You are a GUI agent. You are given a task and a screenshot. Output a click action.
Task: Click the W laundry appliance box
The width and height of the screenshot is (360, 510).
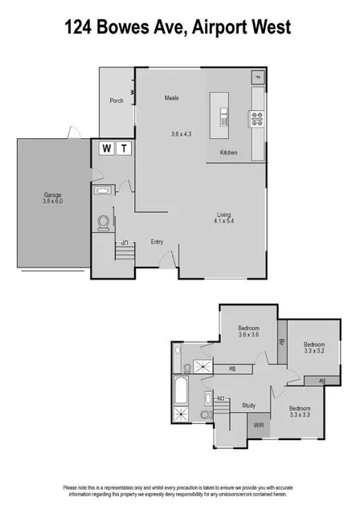pyautogui.click(x=106, y=148)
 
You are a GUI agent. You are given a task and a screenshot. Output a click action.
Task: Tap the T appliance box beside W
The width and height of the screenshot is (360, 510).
pyautogui.click(x=125, y=148)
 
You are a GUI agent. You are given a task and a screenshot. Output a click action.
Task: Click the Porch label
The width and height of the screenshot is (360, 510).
pyautogui.click(x=117, y=100)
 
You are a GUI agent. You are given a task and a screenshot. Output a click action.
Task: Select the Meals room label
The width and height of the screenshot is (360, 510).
pyautogui.click(x=171, y=98)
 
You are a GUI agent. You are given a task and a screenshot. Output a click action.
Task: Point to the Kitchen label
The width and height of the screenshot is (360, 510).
pyautogui.click(x=230, y=152)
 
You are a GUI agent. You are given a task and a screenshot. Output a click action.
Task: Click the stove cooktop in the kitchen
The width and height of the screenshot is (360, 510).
pyautogui.click(x=258, y=120)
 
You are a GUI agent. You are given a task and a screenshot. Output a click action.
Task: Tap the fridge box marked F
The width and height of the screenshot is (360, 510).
pyautogui.click(x=257, y=77)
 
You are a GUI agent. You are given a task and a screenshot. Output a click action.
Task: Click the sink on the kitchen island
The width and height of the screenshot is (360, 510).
pyautogui.click(x=223, y=115)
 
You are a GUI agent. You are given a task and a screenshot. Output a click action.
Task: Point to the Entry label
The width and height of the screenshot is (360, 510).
pyautogui.click(x=157, y=241)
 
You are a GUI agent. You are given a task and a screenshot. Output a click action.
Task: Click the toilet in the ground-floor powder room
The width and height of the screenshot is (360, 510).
pyautogui.click(x=104, y=222)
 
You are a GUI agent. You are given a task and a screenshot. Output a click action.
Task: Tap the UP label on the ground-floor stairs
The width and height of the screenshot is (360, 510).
pyautogui.click(x=125, y=243)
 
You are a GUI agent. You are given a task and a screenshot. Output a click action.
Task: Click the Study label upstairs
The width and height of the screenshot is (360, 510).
pyautogui.click(x=249, y=405)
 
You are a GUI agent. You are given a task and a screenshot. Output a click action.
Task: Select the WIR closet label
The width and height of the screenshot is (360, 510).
pyautogui.click(x=259, y=425)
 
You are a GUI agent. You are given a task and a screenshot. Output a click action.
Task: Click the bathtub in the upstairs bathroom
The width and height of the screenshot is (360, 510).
pyautogui.click(x=180, y=394)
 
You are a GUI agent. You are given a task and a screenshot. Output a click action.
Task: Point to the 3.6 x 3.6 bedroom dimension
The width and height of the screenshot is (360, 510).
pyautogui.click(x=248, y=336)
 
